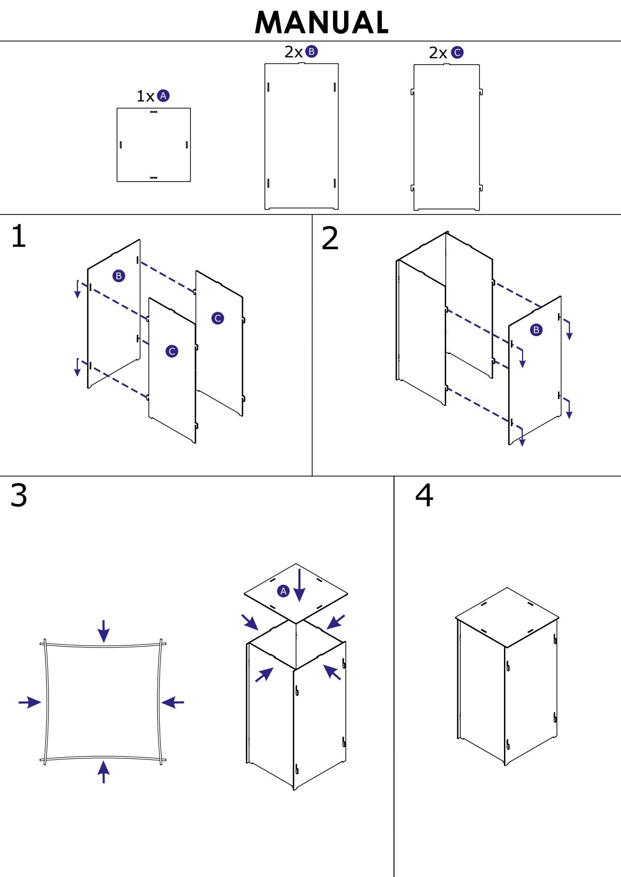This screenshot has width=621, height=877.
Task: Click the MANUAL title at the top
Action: coord(321,23)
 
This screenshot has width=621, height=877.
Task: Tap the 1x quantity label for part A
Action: coord(145,96)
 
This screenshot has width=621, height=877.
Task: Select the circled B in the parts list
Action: coord(312,52)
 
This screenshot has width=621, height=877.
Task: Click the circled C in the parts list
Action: coord(457,53)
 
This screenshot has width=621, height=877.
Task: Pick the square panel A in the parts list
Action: coord(153,145)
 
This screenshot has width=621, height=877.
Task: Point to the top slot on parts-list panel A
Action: coord(153,112)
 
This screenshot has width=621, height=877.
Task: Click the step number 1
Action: coord(18,236)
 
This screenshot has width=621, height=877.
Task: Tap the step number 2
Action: coord(330,239)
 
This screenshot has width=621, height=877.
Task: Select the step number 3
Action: coord(18,495)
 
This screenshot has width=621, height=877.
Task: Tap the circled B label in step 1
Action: coord(119,276)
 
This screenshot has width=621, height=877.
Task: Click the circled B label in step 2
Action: coord(536,330)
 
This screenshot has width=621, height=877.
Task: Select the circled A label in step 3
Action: coord(283,591)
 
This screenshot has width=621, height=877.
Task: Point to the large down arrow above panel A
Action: coord(299,585)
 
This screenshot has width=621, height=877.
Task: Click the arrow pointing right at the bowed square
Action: coord(30,702)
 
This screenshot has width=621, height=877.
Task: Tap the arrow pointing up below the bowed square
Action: coord(103,771)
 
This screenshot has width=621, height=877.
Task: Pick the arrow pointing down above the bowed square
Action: coord(103,631)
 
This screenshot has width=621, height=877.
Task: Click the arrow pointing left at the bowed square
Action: coord(173,702)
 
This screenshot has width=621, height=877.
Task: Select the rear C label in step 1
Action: coord(218,318)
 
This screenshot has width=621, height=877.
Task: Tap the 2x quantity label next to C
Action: coord(438,53)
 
